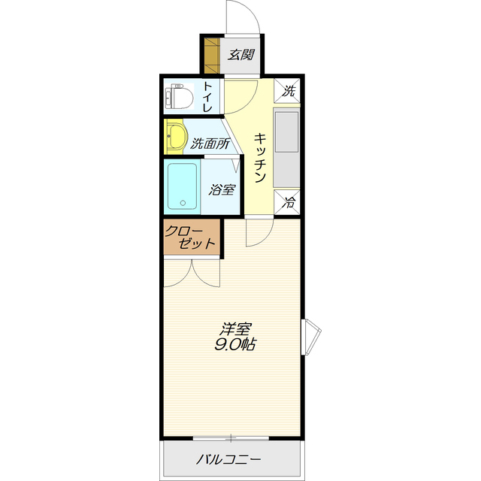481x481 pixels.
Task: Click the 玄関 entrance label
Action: point(240,55)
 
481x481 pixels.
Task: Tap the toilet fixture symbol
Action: point(179,96)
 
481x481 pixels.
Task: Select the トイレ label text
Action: point(207,96)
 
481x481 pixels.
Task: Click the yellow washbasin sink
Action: point(176,137)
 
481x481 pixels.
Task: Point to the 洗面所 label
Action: point(210,144)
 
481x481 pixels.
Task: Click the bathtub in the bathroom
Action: point(183,186)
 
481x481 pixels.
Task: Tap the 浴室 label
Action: point(222,189)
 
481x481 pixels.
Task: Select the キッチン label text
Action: point(259,157)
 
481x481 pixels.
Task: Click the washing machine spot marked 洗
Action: point(287,90)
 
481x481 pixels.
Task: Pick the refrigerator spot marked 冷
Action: point(287,202)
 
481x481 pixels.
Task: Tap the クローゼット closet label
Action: point(190,237)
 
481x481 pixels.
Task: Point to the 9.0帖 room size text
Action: point(235,344)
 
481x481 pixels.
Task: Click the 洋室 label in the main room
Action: point(235,329)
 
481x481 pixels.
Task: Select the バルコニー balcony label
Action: point(228,459)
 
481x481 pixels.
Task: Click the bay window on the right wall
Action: point(310,337)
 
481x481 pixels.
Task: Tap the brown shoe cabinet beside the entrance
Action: point(212,56)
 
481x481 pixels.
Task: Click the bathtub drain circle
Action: point(183,203)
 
